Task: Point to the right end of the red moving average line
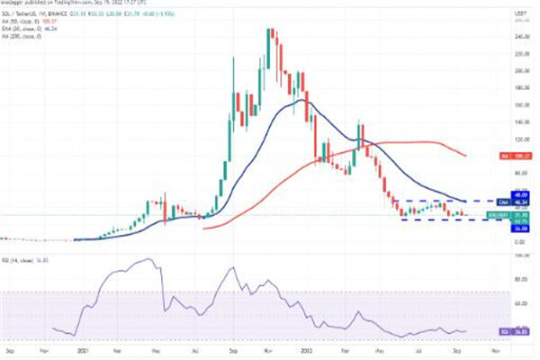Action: [466, 156]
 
